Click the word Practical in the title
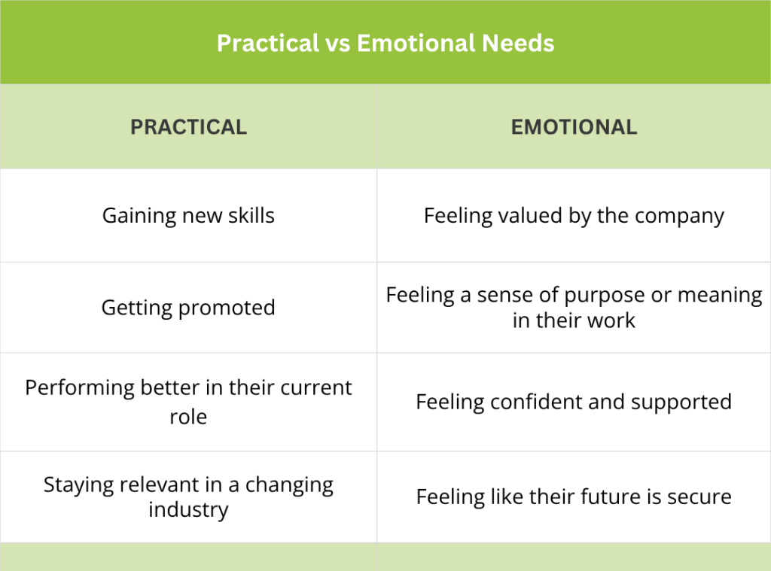268,43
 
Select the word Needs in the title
518,43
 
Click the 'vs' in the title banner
338,44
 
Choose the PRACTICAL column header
188,127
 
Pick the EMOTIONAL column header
574,127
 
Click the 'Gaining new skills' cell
188,216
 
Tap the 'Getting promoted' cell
188,308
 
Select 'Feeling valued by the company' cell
574,216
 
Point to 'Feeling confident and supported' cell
574,402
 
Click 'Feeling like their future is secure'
574,497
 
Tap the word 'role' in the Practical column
188,418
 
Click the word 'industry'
188,510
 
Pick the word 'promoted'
227,308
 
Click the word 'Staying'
78,485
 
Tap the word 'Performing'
80,388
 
